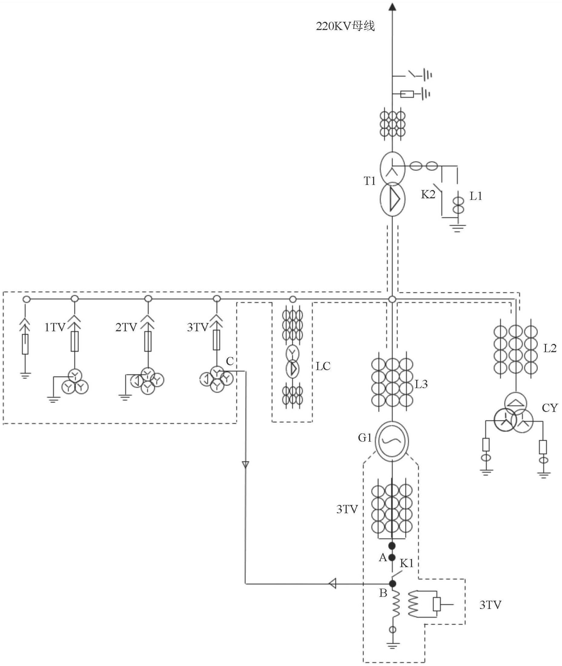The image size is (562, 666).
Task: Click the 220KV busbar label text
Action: (345, 26)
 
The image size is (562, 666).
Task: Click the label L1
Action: (476, 197)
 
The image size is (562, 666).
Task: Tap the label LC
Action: (323, 366)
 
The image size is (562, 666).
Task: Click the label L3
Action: (421, 385)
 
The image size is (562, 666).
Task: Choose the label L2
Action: (550, 349)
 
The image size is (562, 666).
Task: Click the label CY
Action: (550, 408)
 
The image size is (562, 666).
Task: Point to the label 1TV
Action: (55, 327)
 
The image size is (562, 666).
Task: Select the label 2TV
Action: (126, 327)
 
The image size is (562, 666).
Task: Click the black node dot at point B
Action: (393, 583)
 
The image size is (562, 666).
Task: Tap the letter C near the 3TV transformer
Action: (230, 361)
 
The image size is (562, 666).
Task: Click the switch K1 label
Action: (407, 563)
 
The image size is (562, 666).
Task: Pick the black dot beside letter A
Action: (392, 557)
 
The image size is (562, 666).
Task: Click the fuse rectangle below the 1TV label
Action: (74, 341)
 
